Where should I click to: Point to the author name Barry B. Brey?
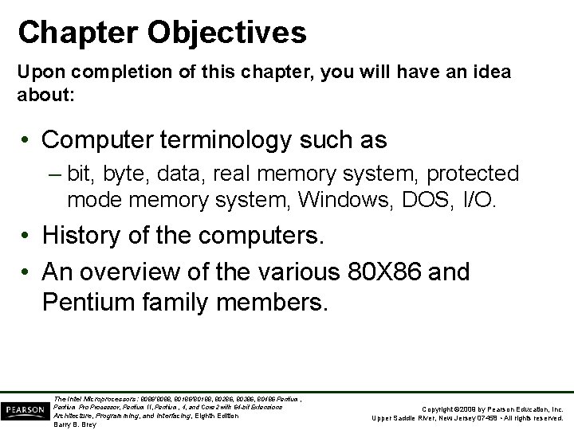pos(75,424)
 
